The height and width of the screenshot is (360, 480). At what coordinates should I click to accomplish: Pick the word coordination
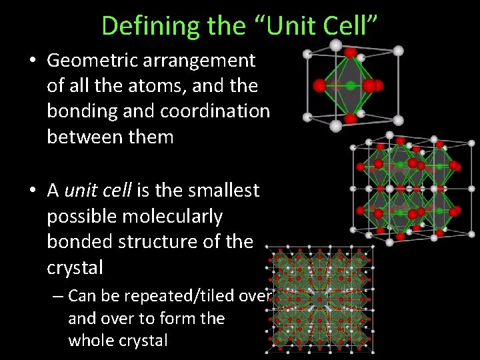(x=223, y=111)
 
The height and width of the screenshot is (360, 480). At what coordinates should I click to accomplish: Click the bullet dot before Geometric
(x=33, y=61)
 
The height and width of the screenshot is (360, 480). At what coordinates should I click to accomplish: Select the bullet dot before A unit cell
(x=33, y=191)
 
